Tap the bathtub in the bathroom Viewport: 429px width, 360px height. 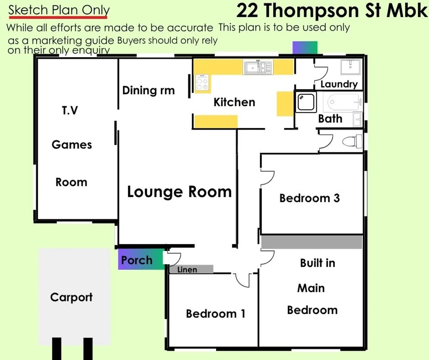pos(342,102)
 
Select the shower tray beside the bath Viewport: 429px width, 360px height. pos(306,102)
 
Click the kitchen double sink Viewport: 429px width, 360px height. pos(258,67)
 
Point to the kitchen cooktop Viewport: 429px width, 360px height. pos(202,82)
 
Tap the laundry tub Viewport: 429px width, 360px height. pos(350,67)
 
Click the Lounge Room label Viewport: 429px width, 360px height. pos(180,192)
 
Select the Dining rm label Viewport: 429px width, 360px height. pos(148,90)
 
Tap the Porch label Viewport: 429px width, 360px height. pos(137,260)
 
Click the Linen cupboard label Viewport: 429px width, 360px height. pos(187,270)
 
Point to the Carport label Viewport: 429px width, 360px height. pos(71,297)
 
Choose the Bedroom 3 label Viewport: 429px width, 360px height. pos(310,198)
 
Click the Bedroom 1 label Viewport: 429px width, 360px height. pos(215,314)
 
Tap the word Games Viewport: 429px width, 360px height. pos(72,145)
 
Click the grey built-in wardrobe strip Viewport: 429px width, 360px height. pos(311,242)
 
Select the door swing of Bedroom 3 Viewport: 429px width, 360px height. pos(267,178)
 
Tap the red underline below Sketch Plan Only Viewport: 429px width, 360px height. pos(58,17)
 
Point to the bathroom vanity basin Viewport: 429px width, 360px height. pos(357,119)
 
